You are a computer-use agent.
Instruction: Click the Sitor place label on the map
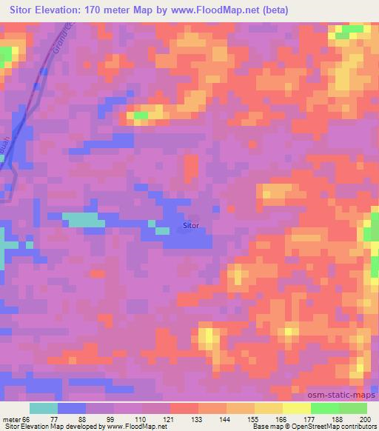(x=191, y=226)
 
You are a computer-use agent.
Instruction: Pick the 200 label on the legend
(x=361, y=418)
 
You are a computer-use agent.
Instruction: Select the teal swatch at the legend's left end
(x=44, y=408)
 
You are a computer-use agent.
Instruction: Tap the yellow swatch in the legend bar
(x=295, y=408)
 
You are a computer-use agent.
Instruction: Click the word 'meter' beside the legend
(x=13, y=418)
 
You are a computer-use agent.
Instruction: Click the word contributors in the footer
(x=360, y=427)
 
